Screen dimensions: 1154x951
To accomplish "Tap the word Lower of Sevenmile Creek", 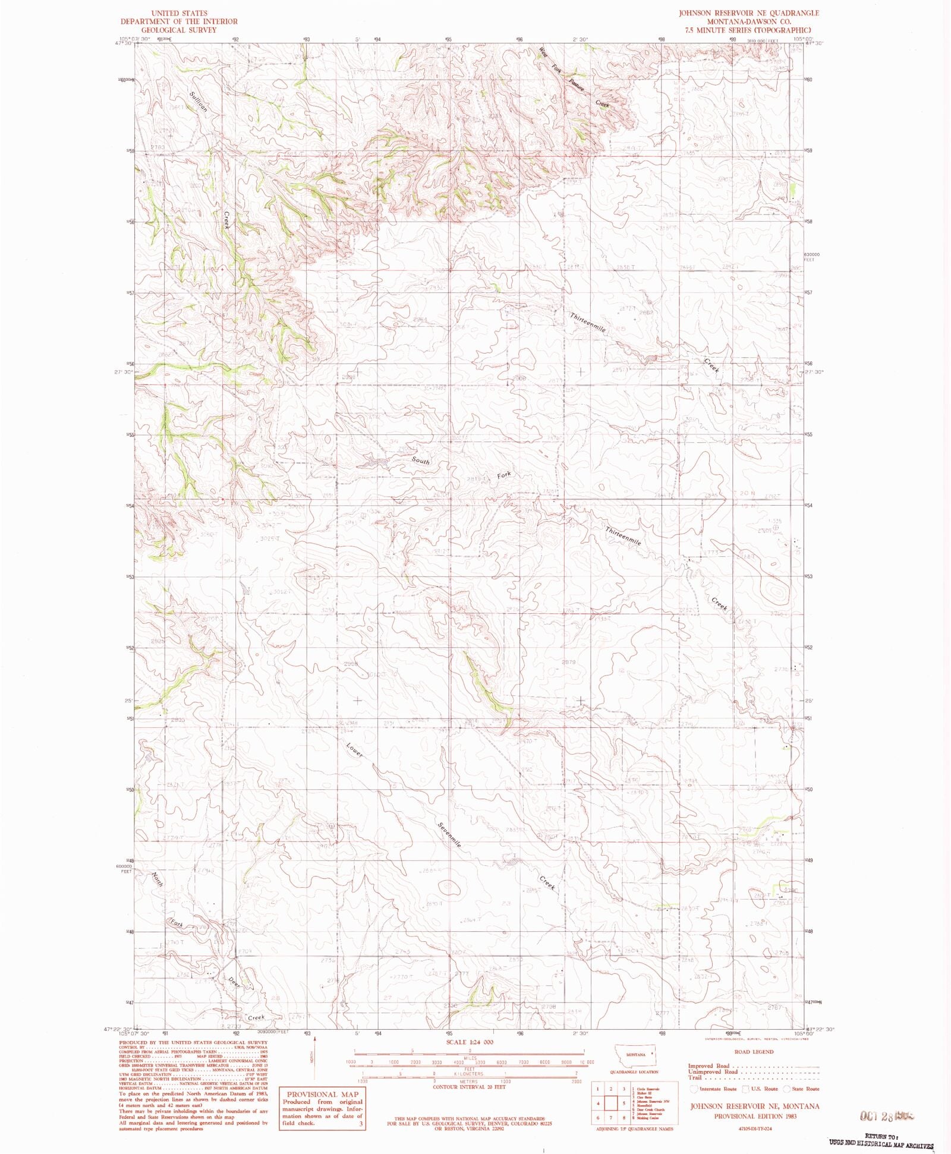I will point(355,750).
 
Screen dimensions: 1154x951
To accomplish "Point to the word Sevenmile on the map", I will point(450,834).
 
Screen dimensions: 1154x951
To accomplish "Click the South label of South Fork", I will point(421,461).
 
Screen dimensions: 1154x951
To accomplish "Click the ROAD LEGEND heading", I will point(754,1052).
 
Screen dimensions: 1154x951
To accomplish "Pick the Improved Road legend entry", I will point(708,1066).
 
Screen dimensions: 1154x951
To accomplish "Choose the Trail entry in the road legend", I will point(695,1077).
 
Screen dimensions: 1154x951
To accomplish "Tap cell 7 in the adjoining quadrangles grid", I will point(610,1117).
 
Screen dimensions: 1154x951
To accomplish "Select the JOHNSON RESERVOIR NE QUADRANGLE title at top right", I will point(750,13).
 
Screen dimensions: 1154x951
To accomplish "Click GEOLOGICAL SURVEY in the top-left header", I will point(179,30).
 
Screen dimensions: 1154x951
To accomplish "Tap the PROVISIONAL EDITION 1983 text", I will point(754,1115).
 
